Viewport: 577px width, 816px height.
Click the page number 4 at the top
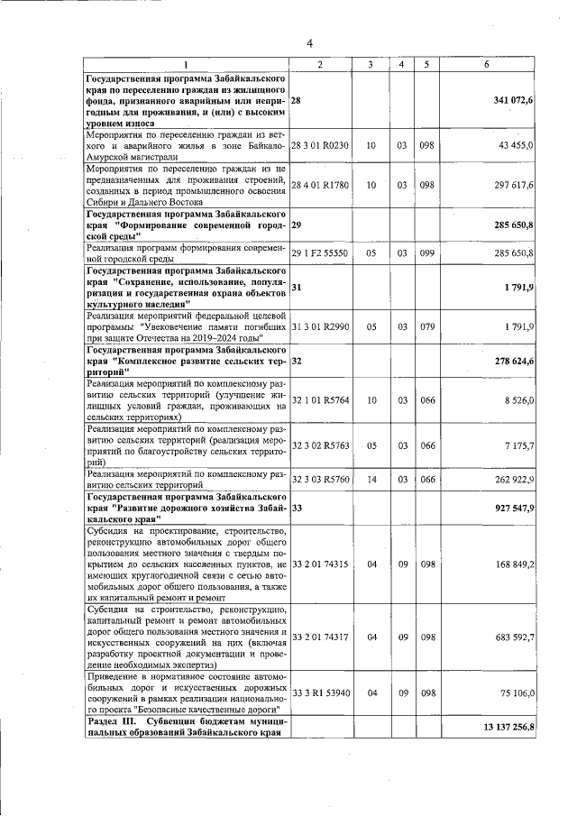(x=308, y=42)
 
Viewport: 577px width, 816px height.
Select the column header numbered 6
(x=486, y=66)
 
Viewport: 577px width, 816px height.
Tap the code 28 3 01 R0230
(x=320, y=144)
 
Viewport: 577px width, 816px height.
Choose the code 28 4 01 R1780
(x=320, y=185)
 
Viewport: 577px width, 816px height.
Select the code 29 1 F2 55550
(x=320, y=254)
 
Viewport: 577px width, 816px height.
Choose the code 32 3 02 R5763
(x=320, y=445)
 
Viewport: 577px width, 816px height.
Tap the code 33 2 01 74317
(x=320, y=637)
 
